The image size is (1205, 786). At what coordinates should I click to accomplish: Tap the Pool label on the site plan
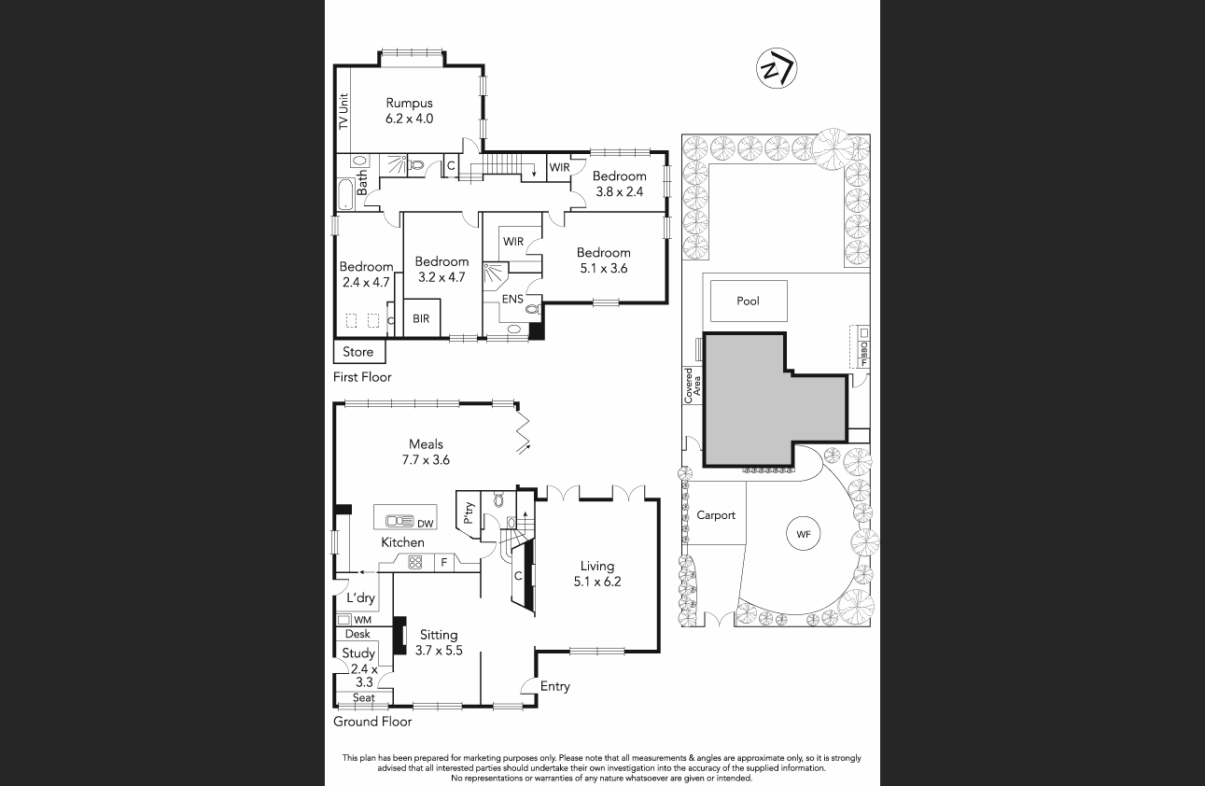coord(748,301)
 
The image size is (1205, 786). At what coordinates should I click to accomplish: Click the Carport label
coord(716,515)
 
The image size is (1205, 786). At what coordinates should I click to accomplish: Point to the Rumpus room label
coord(409,110)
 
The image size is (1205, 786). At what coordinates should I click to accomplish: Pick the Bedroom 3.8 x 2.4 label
coord(619,184)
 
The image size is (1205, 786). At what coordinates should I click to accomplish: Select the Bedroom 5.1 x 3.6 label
coord(603,260)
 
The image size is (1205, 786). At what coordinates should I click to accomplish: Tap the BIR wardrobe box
coord(421,318)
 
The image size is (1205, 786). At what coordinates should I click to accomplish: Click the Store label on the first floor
coord(358,352)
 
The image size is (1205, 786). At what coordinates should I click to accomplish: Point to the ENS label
coord(512,300)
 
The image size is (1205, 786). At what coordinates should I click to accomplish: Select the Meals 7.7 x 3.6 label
coord(426,452)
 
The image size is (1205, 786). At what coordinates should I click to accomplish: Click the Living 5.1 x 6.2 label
coord(597,573)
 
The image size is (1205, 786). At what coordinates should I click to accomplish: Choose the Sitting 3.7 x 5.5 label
coord(439,642)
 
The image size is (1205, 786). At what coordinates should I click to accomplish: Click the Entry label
coord(554,686)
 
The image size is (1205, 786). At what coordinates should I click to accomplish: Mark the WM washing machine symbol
coord(343,619)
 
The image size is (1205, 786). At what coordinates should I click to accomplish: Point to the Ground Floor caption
coord(372,721)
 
